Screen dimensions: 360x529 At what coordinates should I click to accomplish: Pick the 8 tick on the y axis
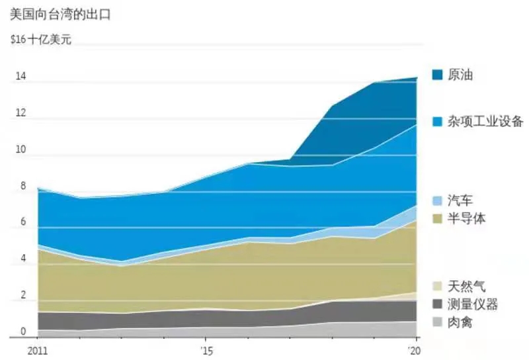click(x=22, y=187)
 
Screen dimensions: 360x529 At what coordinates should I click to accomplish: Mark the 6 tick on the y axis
click(x=22, y=223)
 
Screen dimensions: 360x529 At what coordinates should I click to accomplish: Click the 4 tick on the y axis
click(x=22, y=259)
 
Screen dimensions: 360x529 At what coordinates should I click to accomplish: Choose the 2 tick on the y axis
click(x=22, y=296)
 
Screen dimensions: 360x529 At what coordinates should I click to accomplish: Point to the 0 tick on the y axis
click(x=22, y=332)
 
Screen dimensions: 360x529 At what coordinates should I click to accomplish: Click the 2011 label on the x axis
click(x=38, y=349)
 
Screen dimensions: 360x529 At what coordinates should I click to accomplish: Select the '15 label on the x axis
click(x=206, y=349)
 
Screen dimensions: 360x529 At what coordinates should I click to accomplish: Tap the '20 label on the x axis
click(x=415, y=349)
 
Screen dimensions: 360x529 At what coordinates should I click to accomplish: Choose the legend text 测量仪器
click(x=472, y=304)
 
